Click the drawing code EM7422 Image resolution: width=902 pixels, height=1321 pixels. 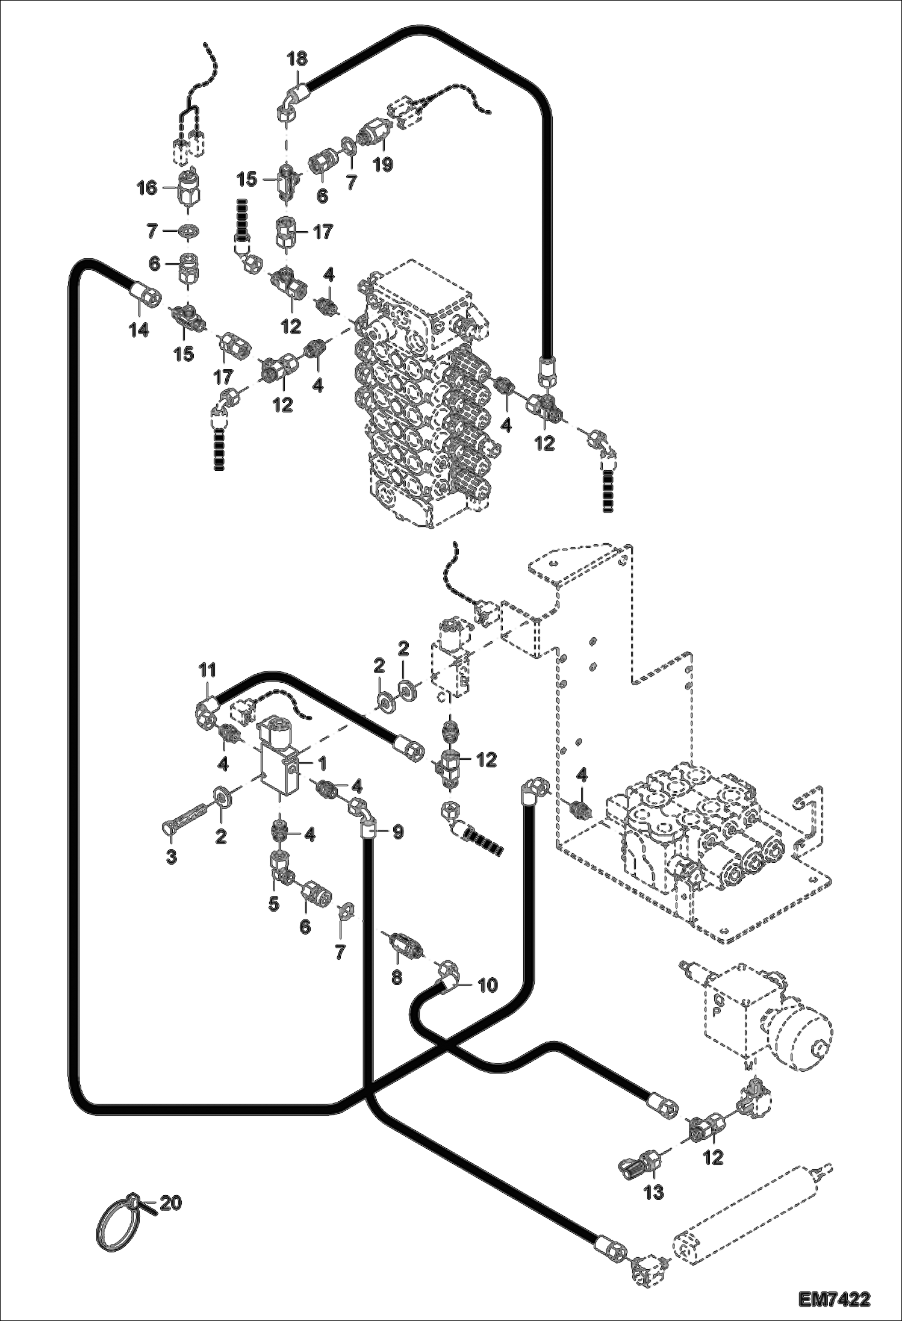coord(835,1298)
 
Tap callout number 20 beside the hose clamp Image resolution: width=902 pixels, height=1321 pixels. coord(171,1204)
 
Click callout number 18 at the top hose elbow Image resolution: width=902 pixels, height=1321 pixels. coord(296,59)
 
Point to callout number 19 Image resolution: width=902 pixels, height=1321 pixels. coord(383,164)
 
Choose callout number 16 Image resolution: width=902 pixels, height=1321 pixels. coord(146,188)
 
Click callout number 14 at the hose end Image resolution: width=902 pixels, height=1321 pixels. coord(140,330)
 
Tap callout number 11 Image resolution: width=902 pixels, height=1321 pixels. coord(207,670)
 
